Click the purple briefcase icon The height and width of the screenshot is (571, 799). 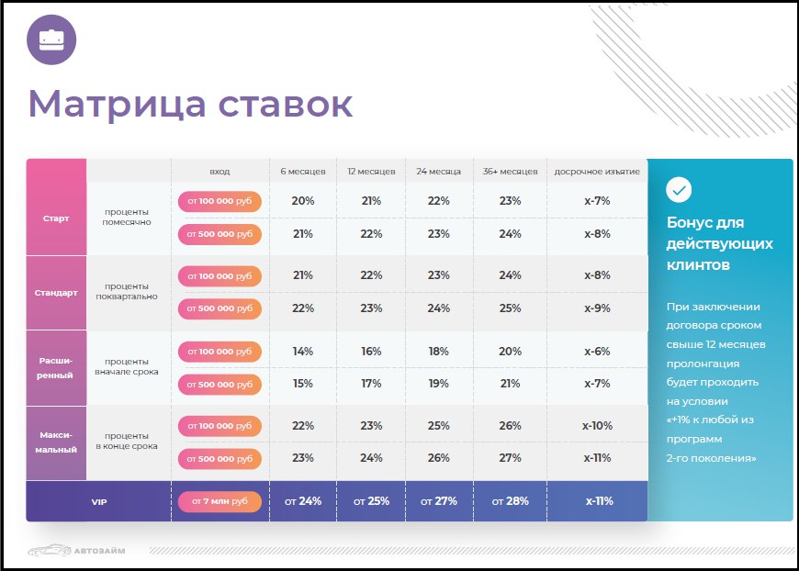tap(51, 39)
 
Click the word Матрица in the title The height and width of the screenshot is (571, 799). tap(118, 105)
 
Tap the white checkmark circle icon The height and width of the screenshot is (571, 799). tap(679, 190)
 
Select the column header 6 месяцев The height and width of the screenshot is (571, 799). tap(303, 172)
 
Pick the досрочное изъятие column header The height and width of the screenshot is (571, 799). tap(597, 172)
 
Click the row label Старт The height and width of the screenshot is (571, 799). tap(56, 218)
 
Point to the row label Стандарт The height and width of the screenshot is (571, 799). tap(56, 293)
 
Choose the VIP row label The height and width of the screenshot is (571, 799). tap(99, 502)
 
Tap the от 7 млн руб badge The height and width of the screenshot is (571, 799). tap(219, 501)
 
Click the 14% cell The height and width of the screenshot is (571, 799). tap(303, 352)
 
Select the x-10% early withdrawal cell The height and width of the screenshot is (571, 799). tap(597, 426)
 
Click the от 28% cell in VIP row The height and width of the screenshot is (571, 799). tap(510, 501)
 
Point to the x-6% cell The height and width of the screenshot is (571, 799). tap(597, 352)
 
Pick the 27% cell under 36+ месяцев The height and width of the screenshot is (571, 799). tap(510, 458)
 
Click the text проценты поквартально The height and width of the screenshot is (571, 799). tap(127, 291)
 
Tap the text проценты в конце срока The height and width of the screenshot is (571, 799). tap(127, 442)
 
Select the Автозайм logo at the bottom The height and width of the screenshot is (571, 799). tap(76, 550)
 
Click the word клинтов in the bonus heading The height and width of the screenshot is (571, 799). tap(698, 265)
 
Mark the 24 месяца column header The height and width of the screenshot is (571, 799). tap(438, 172)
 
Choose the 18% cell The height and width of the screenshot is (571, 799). tap(438, 352)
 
